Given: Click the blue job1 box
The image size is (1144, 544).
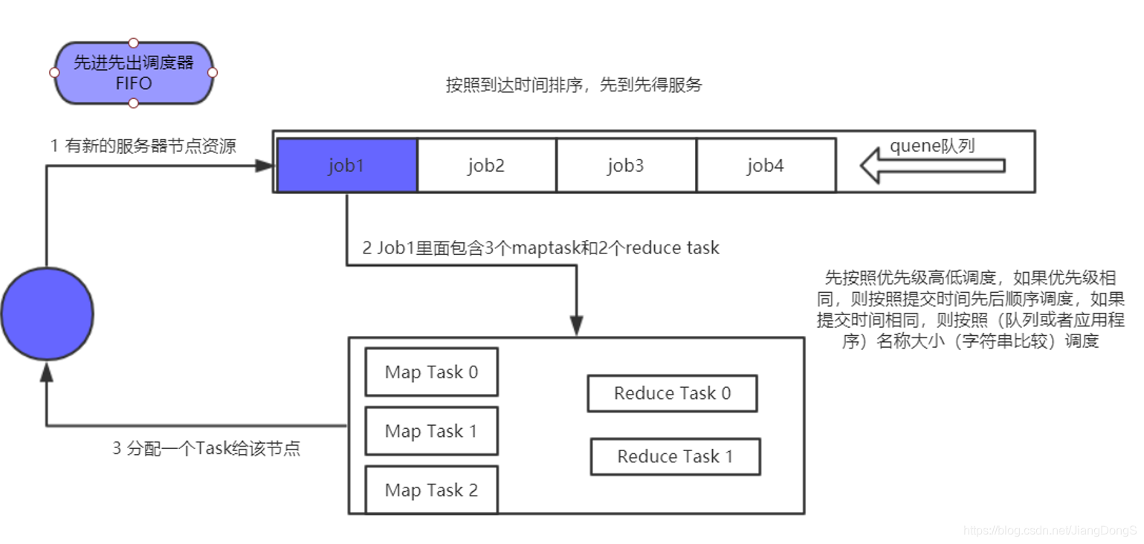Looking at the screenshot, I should (347, 165).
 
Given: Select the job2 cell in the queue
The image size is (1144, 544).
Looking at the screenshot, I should (486, 165).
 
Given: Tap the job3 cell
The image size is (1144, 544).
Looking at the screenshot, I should (625, 165).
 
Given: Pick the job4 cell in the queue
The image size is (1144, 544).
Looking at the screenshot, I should (765, 165).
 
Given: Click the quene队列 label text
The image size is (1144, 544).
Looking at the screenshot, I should (932, 146).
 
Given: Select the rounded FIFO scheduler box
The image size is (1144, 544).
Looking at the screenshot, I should (134, 73).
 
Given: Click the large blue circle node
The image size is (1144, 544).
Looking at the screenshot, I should (47, 314).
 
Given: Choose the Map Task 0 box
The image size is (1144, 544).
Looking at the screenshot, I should (431, 372).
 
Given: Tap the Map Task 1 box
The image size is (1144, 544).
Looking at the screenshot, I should (431, 431).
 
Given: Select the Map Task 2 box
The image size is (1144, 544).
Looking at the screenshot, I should (431, 490).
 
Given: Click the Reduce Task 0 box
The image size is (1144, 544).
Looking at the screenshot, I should (672, 394).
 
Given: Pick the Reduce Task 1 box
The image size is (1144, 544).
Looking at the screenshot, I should (675, 456).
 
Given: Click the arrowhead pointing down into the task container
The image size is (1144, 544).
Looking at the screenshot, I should (576, 326).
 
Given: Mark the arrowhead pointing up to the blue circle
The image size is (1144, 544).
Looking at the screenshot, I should (47, 371).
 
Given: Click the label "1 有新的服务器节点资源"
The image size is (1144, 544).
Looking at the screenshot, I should (143, 146).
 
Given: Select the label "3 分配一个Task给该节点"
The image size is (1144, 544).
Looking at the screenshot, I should (207, 449).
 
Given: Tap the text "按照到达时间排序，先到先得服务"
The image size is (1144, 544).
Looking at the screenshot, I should (574, 85).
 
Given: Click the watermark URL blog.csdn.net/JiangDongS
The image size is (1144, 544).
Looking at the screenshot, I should (1050, 531).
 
